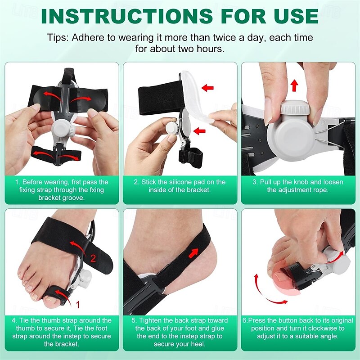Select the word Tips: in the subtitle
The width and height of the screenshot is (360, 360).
(59, 38)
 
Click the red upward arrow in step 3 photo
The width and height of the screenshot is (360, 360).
(294, 85)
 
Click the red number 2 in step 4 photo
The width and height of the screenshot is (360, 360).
(93, 258)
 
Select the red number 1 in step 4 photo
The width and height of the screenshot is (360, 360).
(77, 305)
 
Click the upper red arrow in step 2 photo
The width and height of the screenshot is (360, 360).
(207, 88)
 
